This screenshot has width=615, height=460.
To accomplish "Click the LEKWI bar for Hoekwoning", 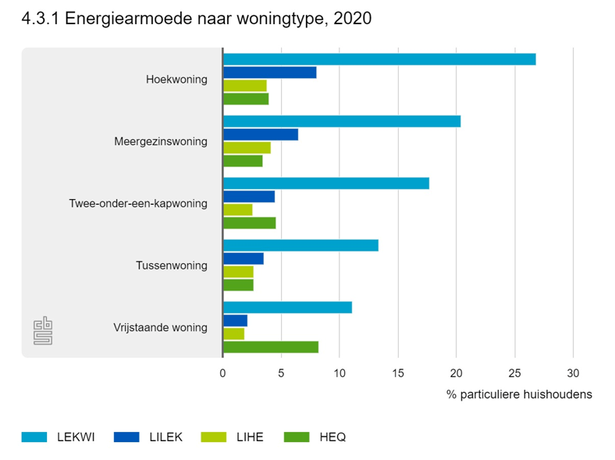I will pos(379,59).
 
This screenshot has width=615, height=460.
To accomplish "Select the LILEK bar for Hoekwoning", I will pos(270,73).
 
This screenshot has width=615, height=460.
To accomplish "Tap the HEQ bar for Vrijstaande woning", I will pos(271,347).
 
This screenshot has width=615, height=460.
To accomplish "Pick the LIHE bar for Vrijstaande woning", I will pos(234,333).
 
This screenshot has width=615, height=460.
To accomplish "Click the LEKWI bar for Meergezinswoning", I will pos(342,121).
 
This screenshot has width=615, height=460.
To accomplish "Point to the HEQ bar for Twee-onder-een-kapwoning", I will pos(250,223).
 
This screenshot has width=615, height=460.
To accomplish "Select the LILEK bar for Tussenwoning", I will pos(244,259).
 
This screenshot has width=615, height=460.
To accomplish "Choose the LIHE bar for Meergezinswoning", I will pos(247,148).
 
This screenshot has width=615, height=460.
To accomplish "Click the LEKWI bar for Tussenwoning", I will pos(300,245).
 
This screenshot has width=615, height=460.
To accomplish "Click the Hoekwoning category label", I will pos(176,80).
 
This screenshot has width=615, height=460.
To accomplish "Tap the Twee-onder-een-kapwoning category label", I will pos(138,204).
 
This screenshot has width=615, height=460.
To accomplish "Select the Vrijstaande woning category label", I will pos(160,327).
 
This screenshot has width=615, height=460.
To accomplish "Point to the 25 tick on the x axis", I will pos(514,373).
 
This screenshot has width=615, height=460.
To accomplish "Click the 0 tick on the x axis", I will pos(223,373).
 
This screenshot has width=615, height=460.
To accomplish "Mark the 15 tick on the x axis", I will pos(398,373).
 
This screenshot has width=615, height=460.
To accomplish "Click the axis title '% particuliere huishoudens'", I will pos(519,394).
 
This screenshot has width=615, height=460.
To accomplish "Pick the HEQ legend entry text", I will pos(332,437).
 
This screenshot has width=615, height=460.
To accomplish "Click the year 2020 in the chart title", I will pos(352,18).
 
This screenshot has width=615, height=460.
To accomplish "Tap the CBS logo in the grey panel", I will pos(43,330).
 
